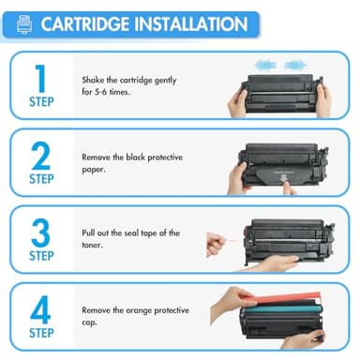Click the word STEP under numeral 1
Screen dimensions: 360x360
40,103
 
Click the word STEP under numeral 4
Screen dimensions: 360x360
40,333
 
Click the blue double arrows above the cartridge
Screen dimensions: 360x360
279,66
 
